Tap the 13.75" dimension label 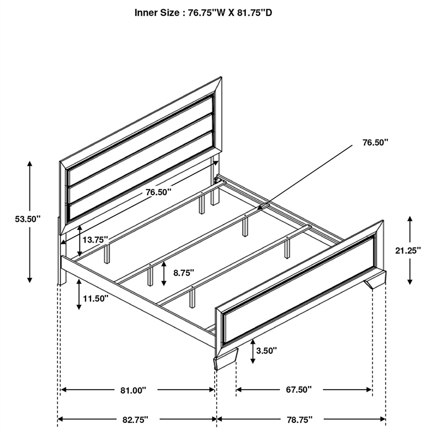pos(96,240)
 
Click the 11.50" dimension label pos(95,298)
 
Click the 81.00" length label pos(134,390)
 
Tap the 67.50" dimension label pos(298,390)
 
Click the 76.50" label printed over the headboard pos(159,192)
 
